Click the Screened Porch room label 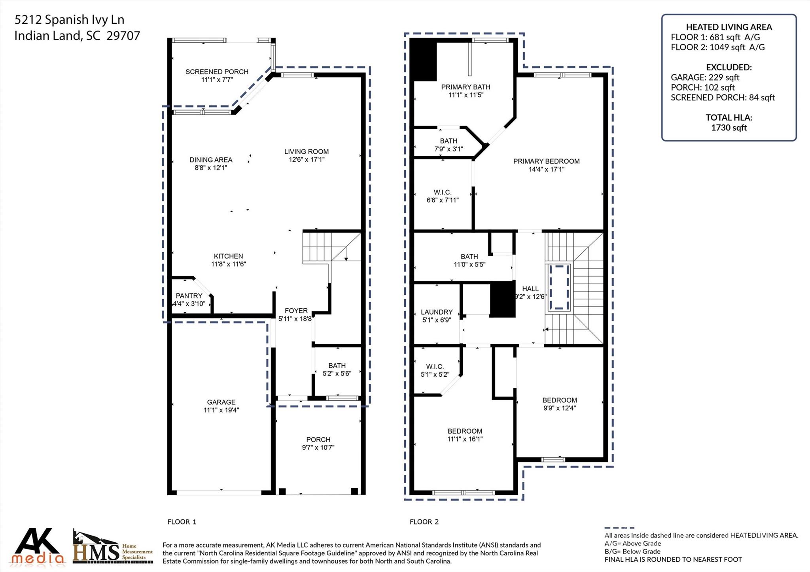[x=217, y=72]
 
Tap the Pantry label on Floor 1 [x=189, y=296]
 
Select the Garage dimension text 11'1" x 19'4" [x=221, y=410]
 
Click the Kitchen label [x=228, y=256]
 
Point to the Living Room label [x=306, y=151]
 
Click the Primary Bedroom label [x=546, y=161]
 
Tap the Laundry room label [x=437, y=312]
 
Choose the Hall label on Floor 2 [x=530, y=289]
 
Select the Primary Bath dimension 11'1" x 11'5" [x=466, y=95]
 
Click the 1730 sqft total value [x=729, y=128]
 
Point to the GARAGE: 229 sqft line [x=705, y=77]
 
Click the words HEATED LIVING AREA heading [x=729, y=27]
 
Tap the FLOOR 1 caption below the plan [x=182, y=522]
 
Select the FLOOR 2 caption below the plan [x=424, y=522]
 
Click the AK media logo [x=38, y=546]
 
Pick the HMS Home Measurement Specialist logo [x=113, y=547]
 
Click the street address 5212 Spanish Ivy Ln [x=69, y=19]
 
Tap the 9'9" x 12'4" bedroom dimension [x=560, y=408]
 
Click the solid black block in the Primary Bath [x=423, y=62]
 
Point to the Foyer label [x=296, y=311]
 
